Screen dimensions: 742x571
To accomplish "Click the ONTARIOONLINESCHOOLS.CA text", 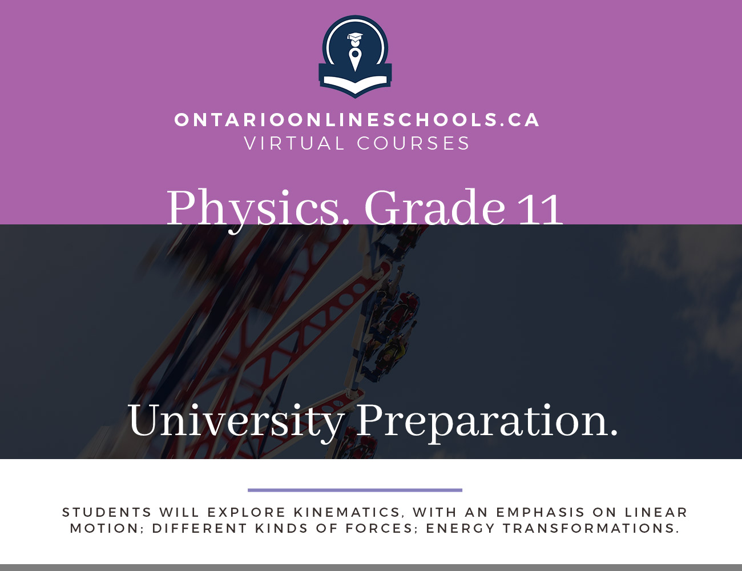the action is coord(357,120).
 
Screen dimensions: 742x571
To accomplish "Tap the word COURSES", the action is coord(413,143).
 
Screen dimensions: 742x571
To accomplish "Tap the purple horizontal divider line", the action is coord(355,490).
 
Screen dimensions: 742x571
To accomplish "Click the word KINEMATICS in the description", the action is coord(347,512).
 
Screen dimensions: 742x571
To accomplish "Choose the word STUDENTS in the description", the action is coord(107,512).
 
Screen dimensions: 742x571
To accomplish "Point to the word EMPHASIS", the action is coord(541,512).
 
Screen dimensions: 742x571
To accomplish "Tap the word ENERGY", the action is coord(461,528).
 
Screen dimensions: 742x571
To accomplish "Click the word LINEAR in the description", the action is coord(656,512).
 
